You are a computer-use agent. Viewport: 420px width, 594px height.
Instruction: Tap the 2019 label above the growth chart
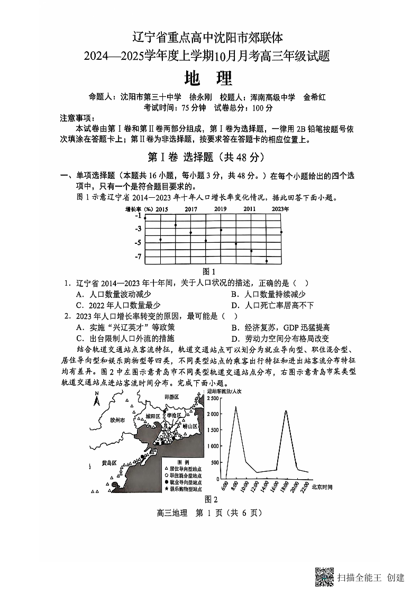pos(220,209)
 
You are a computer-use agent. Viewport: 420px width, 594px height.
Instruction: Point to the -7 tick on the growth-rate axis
pos(138,257)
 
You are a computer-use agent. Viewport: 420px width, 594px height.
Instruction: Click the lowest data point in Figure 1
pos(267,261)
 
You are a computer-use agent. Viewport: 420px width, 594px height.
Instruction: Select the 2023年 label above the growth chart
pos(280,209)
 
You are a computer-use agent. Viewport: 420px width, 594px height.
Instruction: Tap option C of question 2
pos(125,339)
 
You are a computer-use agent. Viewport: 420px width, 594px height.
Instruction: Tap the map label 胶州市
pos(117,420)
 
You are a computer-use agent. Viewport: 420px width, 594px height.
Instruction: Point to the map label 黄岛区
pos(109,463)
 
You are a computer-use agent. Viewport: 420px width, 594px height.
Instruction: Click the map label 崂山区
pos(189,426)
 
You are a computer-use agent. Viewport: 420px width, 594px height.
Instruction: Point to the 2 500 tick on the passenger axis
pos(214,397)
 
